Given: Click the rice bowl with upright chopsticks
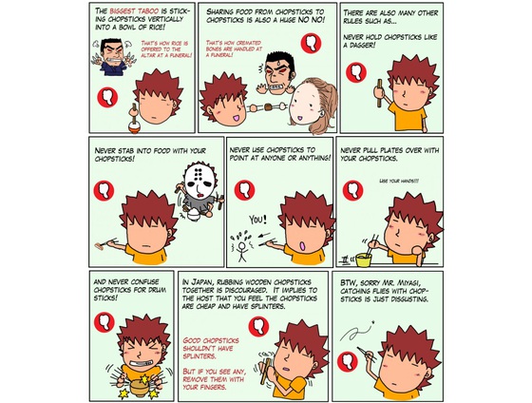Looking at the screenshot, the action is pos(134,126).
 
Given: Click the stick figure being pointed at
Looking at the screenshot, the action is pos(241,251).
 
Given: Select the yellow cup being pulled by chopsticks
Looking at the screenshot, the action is pos(363,260).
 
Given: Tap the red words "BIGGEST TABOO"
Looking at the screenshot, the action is pos(134,11).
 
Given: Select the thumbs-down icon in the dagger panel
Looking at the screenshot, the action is pos(356,72).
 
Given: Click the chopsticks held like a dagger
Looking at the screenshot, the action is pos(379,93).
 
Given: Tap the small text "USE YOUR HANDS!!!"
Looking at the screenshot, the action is pos(398,181).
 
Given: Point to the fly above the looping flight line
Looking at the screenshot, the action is pos(373,322).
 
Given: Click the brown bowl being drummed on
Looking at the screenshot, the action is pos(140,388).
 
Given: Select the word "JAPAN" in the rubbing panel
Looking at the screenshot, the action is pos(201,282).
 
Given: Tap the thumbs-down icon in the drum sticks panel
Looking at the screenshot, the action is pos(104,322).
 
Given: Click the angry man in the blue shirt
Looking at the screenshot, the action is pos(113,56).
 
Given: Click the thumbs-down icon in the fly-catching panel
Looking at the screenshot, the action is pos(348,361).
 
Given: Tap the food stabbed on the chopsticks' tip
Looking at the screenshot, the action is pos(99,245).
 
